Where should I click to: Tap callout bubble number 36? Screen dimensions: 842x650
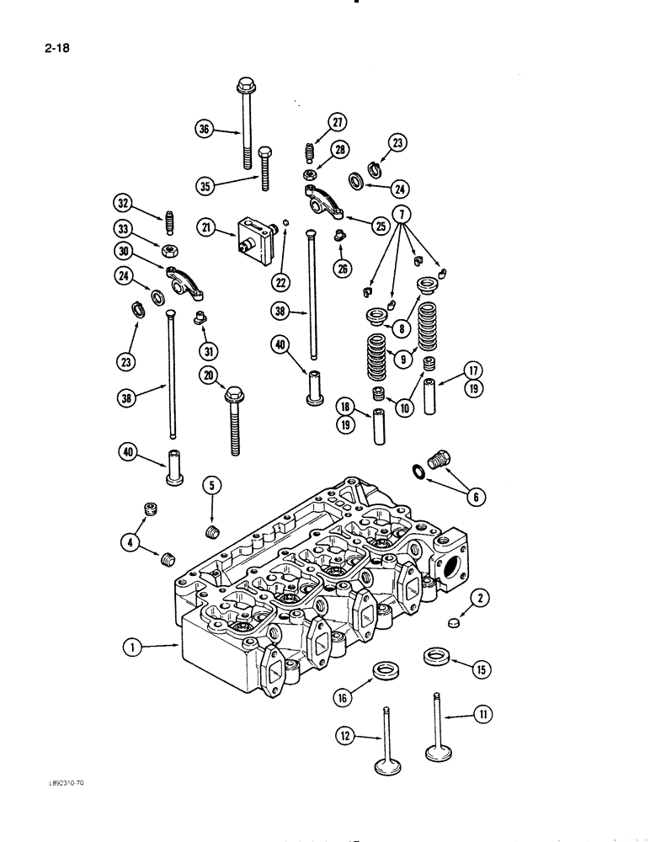pos(203,129)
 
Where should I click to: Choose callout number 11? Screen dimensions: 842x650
pos(483,715)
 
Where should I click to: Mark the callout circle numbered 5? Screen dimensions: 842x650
pos(211,485)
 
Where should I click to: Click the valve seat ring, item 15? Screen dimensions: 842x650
pos(435,654)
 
